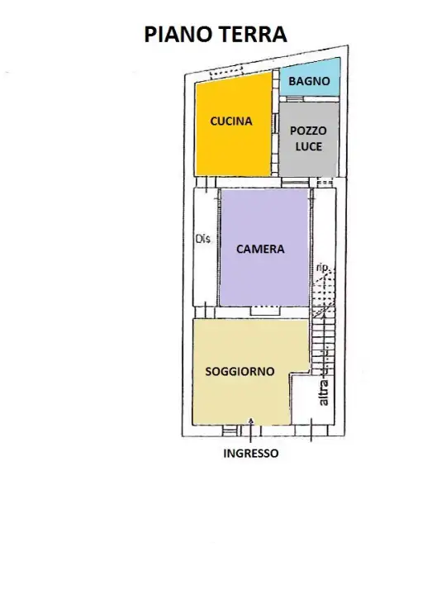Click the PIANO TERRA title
[x=216, y=34]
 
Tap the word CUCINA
[x=230, y=121]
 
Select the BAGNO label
[x=309, y=81]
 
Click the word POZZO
[x=308, y=131]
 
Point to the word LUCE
[x=308, y=146]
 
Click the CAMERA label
[x=260, y=249]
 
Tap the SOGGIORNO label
[x=240, y=372]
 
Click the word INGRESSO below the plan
[x=251, y=453]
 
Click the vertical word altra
[x=324, y=391]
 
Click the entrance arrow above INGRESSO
[x=251, y=423]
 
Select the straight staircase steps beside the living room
[x=320, y=347]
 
